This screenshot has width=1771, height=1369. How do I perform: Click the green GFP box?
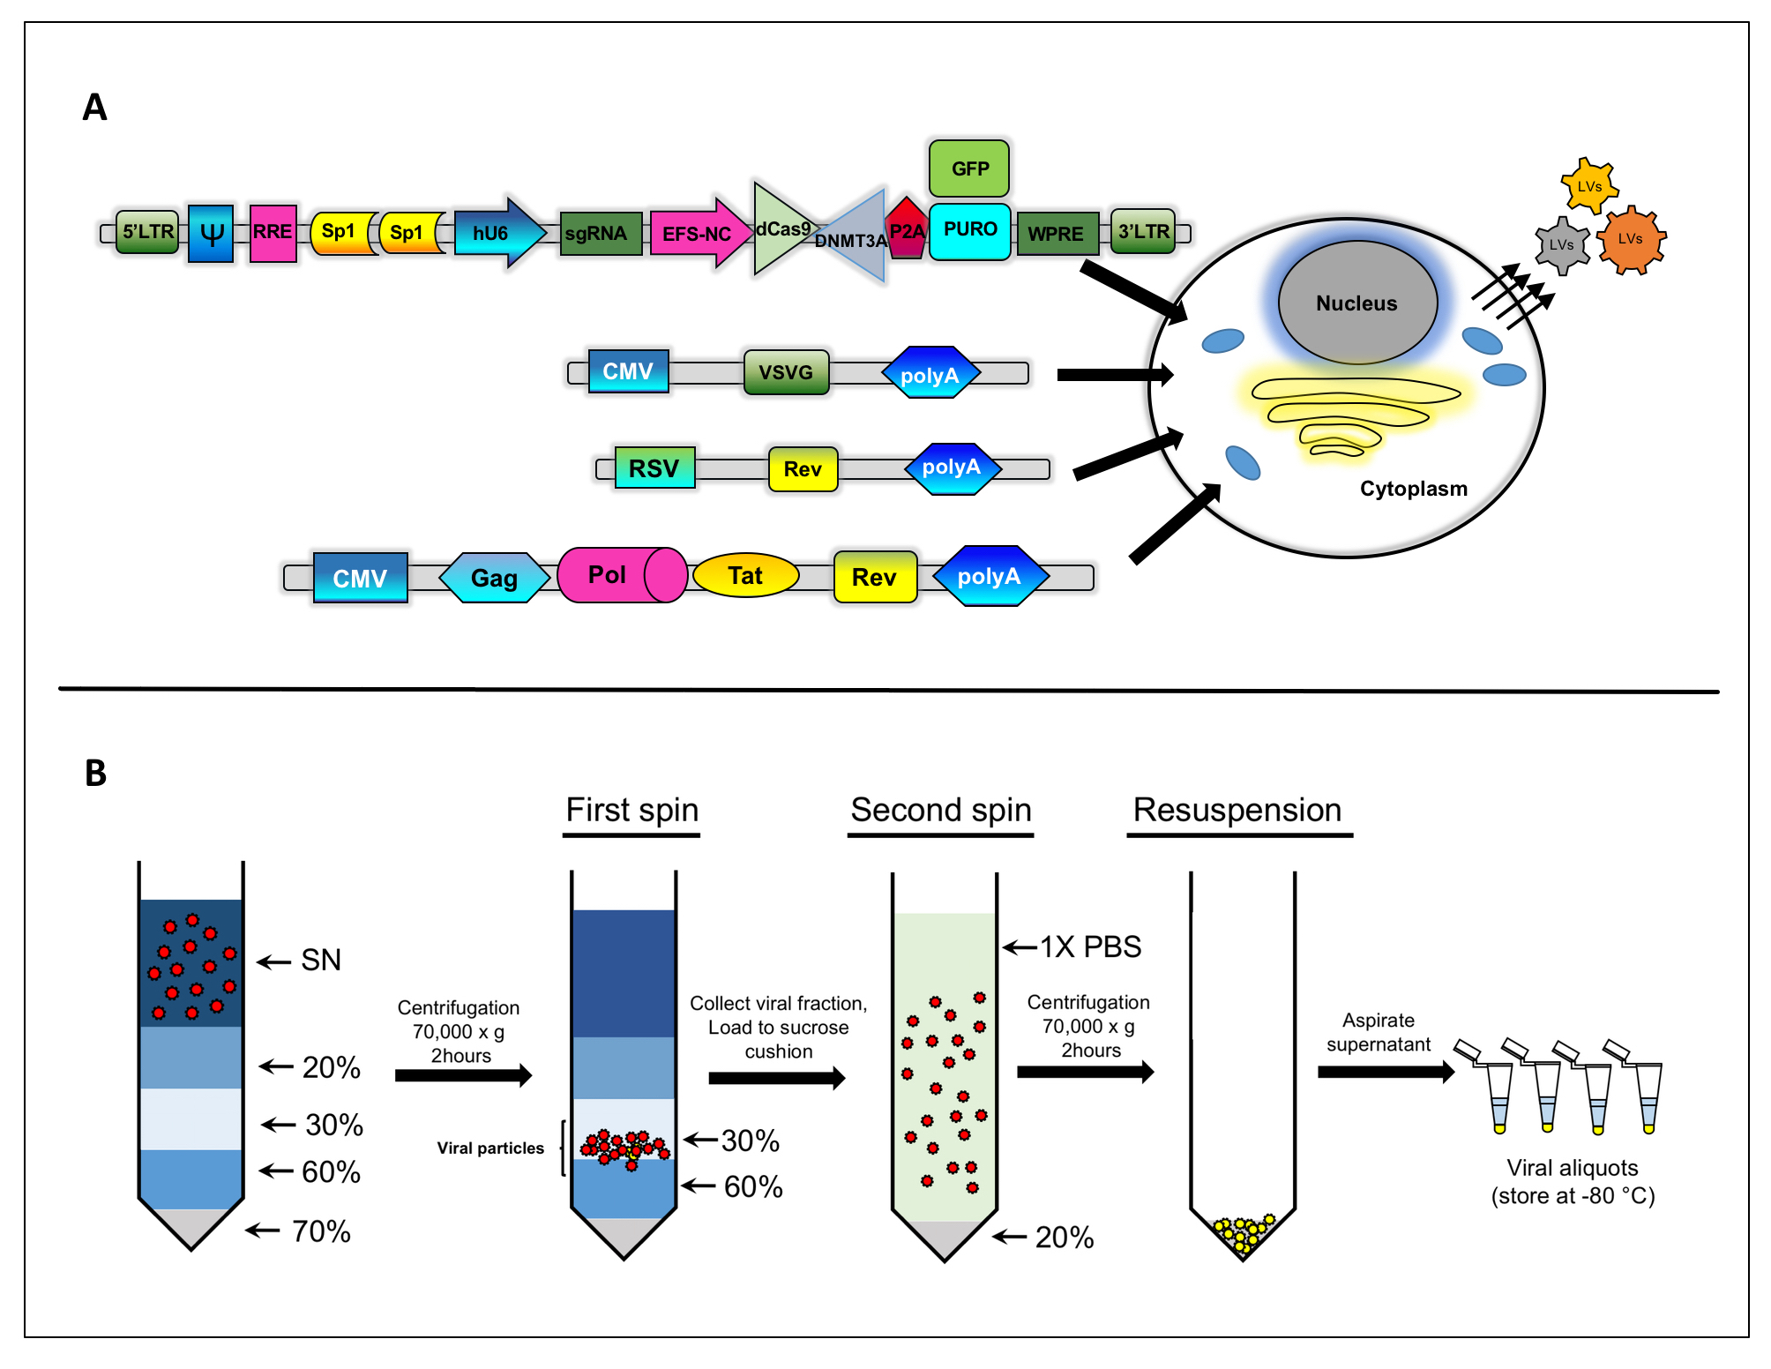(x=968, y=168)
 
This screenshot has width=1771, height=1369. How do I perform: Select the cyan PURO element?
(x=969, y=230)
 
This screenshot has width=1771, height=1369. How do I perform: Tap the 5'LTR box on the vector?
(x=147, y=232)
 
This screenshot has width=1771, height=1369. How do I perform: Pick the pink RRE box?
(x=273, y=233)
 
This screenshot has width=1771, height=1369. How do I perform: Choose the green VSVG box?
(x=786, y=372)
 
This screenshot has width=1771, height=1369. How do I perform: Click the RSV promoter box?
(x=654, y=468)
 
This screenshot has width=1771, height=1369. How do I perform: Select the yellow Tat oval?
(x=745, y=576)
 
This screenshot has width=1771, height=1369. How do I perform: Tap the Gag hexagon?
(x=494, y=578)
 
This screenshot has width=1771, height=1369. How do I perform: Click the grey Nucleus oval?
(x=1356, y=303)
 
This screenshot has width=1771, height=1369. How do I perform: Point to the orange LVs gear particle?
(x=1630, y=239)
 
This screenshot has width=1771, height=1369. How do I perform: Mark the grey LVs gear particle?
(x=1561, y=245)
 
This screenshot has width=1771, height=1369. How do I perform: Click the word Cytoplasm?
(x=1413, y=489)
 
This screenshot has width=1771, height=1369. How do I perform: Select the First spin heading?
(x=631, y=810)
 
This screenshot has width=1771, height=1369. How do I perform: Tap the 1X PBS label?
(x=1090, y=946)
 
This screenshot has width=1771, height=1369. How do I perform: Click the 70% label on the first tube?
(x=321, y=1231)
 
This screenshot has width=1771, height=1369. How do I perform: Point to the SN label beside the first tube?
(x=321, y=960)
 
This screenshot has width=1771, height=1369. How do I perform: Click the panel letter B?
(x=95, y=774)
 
